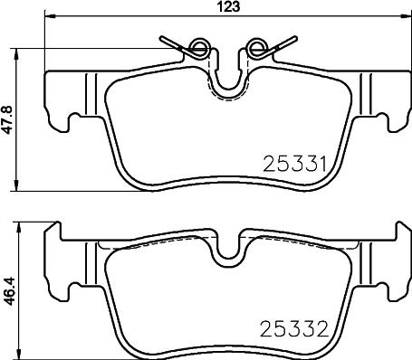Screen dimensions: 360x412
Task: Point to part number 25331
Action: [293, 165]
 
